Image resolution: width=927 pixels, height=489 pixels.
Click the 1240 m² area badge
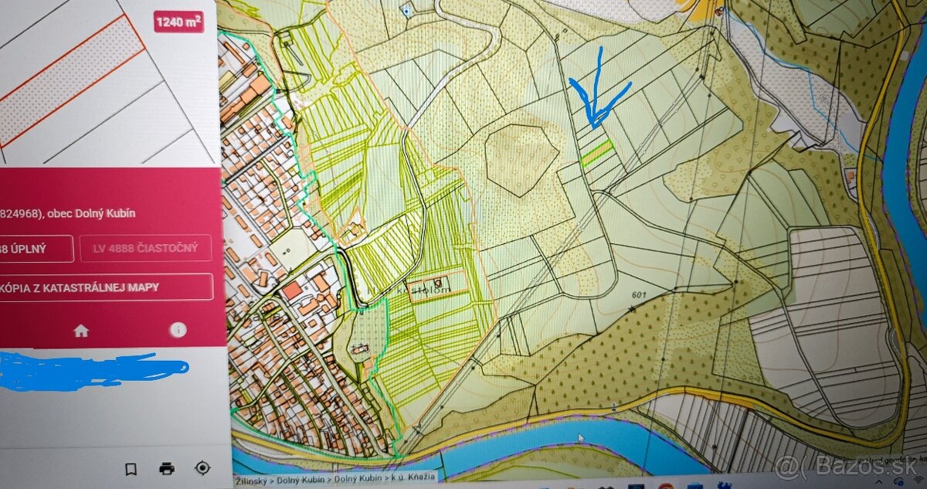(178, 22)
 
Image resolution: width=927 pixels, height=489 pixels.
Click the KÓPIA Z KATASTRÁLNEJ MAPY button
(107, 287)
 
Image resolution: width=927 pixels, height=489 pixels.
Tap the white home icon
(81, 331)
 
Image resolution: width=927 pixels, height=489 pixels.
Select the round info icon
(178, 330)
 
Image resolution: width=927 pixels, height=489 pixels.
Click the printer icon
(166, 468)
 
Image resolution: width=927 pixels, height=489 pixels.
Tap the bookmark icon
(131, 468)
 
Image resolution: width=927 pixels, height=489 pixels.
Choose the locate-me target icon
(202, 468)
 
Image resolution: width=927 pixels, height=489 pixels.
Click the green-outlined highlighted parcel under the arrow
(597, 153)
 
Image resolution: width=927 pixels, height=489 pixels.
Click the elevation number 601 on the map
(637, 295)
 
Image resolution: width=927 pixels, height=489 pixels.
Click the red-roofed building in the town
(292, 291)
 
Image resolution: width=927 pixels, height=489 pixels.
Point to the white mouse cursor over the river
(581, 438)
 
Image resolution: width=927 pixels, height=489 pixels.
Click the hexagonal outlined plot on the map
(521, 158)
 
